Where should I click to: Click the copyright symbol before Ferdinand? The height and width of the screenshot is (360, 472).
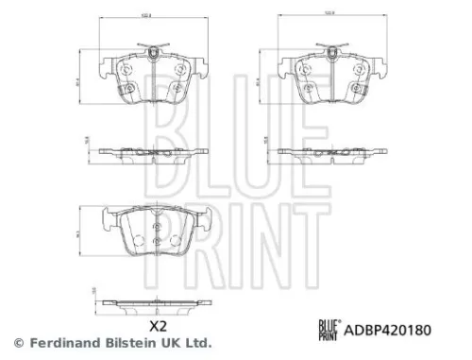click(x=16, y=342)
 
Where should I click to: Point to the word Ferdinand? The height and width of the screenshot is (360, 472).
click(x=59, y=342)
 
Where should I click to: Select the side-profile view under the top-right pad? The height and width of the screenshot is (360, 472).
click(x=332, y=152)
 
